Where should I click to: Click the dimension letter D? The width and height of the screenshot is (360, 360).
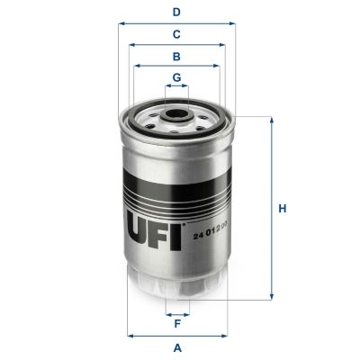(x=177, y=12)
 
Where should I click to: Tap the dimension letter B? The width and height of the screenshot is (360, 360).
(x=177, y=56)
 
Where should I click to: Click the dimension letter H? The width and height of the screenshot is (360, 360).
(x=282, y=209)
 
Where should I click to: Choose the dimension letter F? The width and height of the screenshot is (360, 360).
(x=177, y=325)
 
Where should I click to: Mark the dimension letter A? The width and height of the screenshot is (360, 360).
(x=177, y=347)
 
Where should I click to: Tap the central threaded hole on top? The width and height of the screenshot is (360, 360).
(x=177, y=115)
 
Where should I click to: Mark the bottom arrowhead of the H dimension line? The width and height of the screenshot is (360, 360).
(x=270, y=297)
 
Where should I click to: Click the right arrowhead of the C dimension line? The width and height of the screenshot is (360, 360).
(x=226, y=44)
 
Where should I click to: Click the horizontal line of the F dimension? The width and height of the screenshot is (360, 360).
(x=177, y=314)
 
